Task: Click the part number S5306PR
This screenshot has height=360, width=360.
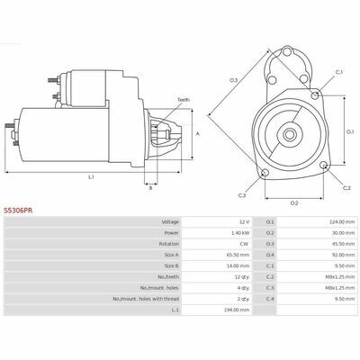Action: pos(18,211)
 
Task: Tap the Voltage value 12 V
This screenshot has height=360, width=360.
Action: pos(244,222)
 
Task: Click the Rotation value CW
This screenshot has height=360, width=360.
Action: pos(244,244)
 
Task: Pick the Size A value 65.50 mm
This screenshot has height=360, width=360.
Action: pos(238,255)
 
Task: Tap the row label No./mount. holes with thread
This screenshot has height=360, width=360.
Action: pos(146,299)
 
